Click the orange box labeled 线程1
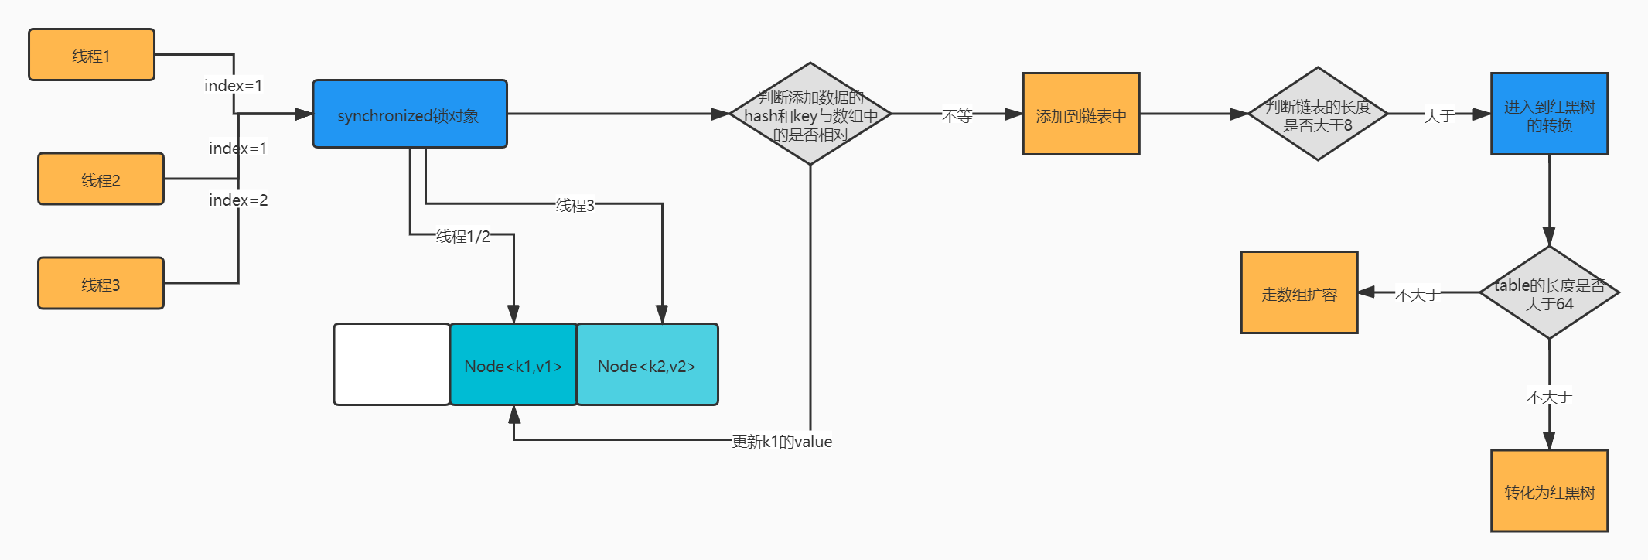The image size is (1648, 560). coord(91,55)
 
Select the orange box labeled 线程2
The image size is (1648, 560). coord(101,179)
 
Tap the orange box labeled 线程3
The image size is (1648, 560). coord(101,283)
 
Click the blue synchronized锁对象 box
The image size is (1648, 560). coord(410,114)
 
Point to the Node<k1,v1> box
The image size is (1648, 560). coord(514,364)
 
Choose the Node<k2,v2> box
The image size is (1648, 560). coord(647,364)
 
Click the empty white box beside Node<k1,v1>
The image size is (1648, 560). coord(392,364)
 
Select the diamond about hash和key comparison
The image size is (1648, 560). coord(810,114)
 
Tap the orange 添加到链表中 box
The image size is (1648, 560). coord(1081,114)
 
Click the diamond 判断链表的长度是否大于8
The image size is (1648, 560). coord(1318,114)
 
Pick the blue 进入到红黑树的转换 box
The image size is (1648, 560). coord(1550,114)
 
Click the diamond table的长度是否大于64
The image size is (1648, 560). coord(1550,292)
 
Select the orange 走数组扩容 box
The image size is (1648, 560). coord(1299,292)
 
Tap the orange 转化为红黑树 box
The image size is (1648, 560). coord(1550,491)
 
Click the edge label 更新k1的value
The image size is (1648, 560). coord(782,442)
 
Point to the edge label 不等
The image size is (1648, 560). coord(957,116)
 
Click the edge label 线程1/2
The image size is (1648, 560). coord(463,236)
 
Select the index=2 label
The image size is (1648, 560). coord(238,200)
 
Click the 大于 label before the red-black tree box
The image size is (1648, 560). coord(1439,116)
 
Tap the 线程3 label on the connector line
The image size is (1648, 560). coord(575,205)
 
